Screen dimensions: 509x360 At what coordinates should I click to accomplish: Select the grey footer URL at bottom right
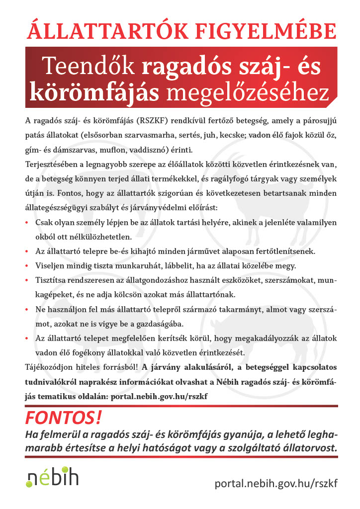[x=276, y=483]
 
